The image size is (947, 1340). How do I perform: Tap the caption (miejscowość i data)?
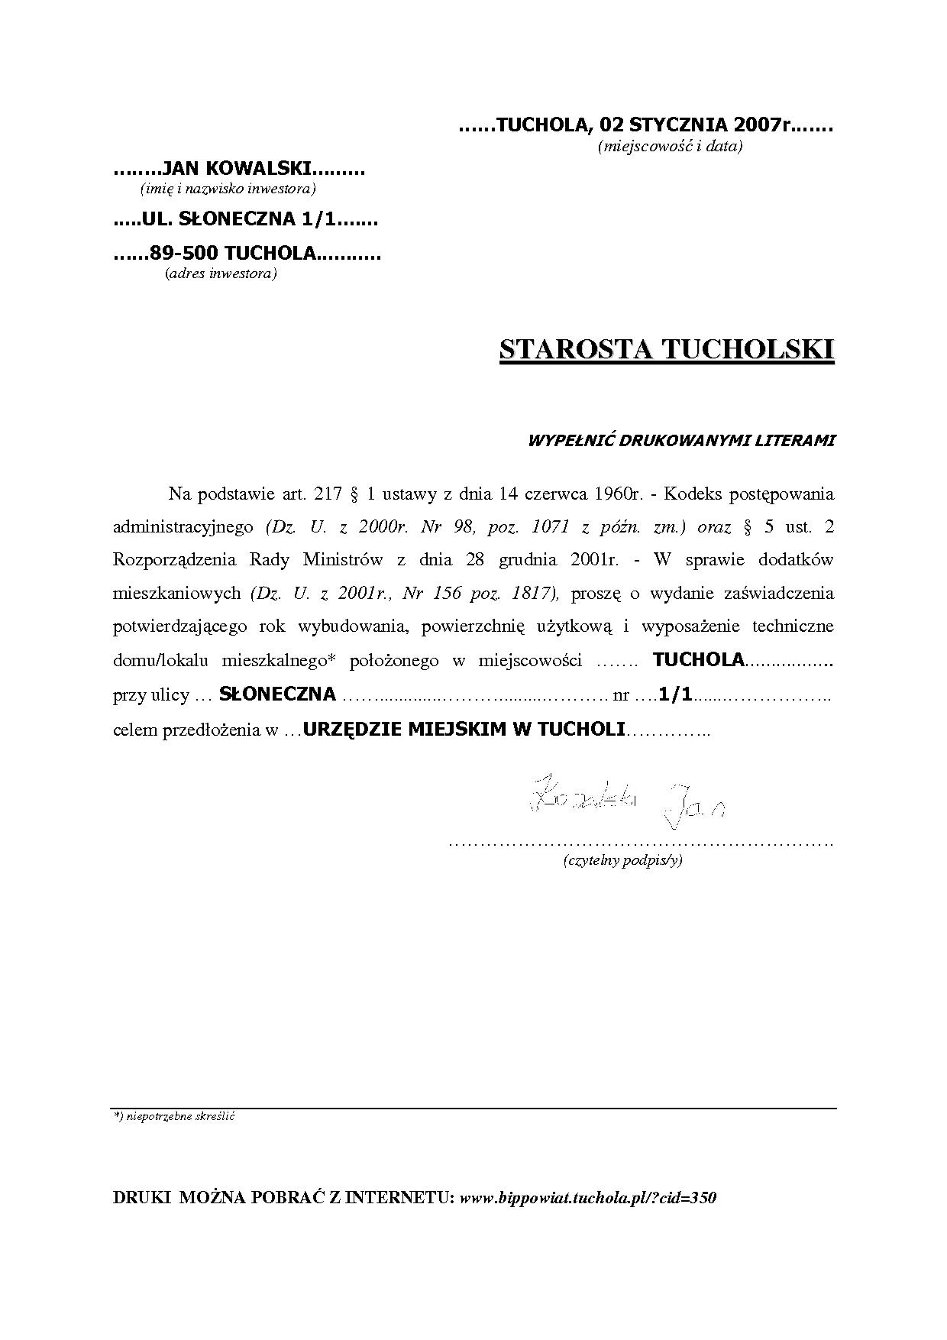tap(669, 146)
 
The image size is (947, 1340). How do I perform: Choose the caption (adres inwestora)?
tap(221, 274)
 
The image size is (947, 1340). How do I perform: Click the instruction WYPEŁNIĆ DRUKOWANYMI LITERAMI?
tap(681, 440)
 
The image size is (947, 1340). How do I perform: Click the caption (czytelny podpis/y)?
tap(622, 860)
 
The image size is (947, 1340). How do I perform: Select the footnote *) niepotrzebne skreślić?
tap(173, 1116)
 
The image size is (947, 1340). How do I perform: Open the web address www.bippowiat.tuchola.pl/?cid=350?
tap(587, 1198)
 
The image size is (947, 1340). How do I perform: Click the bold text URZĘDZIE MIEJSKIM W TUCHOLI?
tap(464, 729)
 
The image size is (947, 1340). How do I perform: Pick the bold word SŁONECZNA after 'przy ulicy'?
tap(277, 694)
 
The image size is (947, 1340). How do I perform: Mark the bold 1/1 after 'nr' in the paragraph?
tap(675, 694)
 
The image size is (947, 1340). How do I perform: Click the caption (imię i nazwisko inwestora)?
tap(228, 188)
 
